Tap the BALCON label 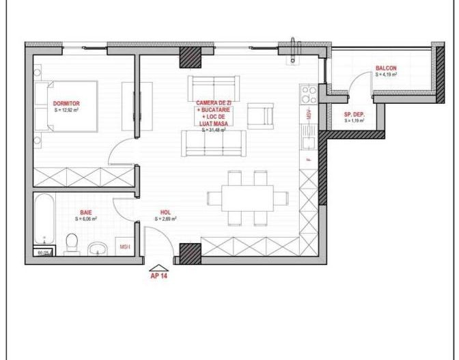386,68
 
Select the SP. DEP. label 354,115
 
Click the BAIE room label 85,212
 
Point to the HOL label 165,212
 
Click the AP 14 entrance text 158,277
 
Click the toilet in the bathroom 72,244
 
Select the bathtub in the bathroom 44,219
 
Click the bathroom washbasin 99,248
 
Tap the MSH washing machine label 125,247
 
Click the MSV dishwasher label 309,114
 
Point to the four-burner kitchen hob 309,93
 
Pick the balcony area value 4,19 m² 386,75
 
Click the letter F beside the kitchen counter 309,159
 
